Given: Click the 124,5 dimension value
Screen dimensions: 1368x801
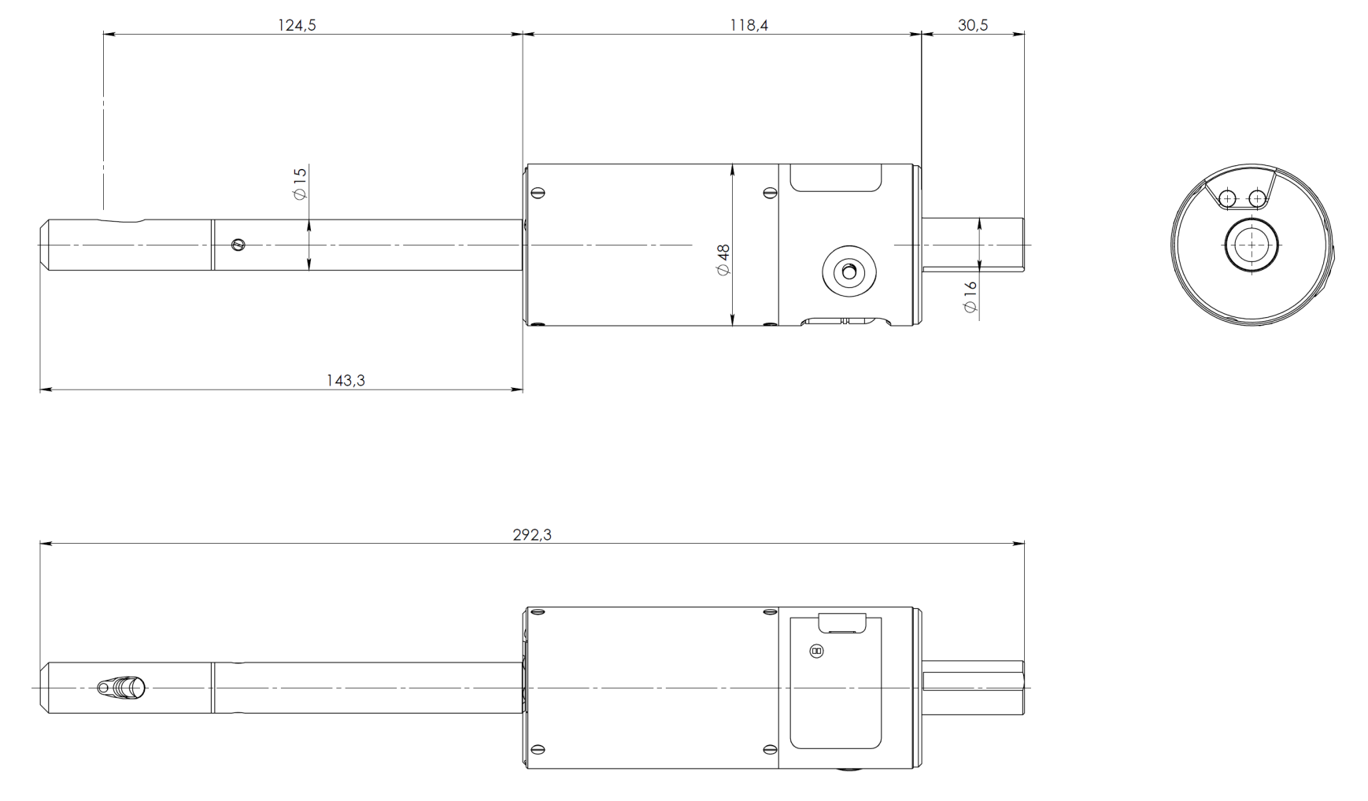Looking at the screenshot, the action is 297,25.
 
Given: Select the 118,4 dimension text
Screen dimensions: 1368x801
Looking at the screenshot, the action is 749,25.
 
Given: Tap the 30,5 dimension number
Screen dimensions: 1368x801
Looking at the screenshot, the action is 973,25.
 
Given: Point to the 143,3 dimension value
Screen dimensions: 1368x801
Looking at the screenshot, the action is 346,381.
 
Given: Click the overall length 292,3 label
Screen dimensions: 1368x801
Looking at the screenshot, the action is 532,535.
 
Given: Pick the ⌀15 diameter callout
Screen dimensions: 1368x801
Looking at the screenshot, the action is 300,183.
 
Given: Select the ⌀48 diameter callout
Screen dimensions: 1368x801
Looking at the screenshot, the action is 723,260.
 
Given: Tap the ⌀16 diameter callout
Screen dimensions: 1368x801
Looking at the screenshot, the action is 971,297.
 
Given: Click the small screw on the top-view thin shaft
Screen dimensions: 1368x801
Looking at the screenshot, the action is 238,245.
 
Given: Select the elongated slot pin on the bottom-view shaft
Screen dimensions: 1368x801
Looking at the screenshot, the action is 122,688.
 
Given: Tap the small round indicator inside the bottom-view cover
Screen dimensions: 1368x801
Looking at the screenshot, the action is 816,652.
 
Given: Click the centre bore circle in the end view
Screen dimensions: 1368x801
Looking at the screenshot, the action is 1252,245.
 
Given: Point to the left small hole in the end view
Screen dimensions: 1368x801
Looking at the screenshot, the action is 1227,198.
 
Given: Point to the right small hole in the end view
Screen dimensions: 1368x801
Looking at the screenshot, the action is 1258,198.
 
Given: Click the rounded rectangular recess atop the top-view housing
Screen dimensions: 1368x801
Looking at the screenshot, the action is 835,178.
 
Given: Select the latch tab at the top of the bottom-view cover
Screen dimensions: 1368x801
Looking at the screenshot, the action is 842,623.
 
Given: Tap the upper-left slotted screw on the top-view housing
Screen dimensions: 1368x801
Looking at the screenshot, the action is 538,193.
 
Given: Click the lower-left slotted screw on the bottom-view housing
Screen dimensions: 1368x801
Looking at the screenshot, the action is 538,749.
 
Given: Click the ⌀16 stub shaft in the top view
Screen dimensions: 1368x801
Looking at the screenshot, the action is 973,245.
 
